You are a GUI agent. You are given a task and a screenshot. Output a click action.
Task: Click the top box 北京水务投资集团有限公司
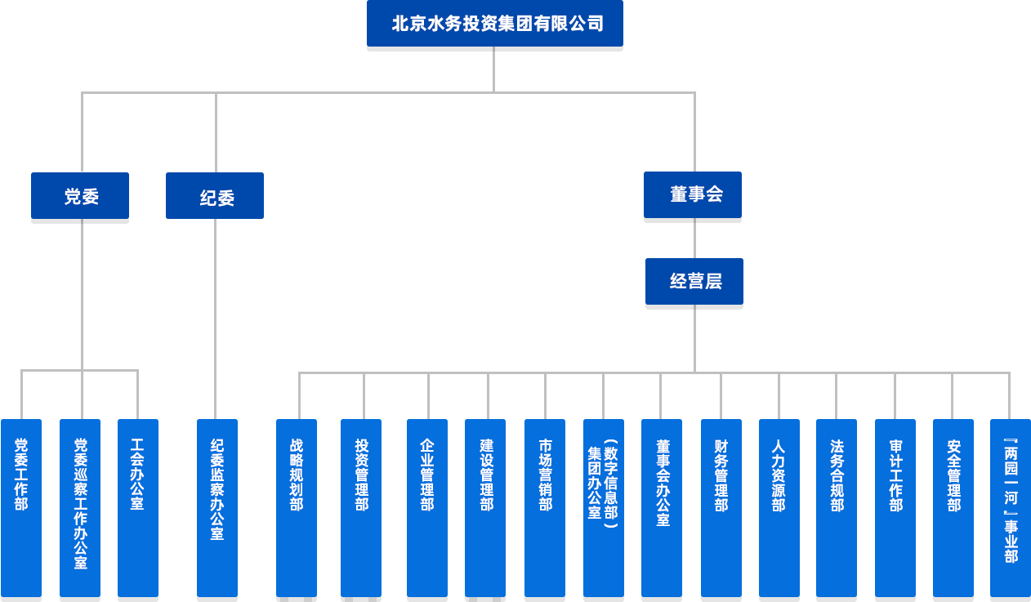(494, 24)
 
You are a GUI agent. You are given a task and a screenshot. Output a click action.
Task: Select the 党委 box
(80, 196)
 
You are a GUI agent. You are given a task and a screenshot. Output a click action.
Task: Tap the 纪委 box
(215, 196)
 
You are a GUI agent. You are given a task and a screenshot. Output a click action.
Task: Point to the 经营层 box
(694, 281)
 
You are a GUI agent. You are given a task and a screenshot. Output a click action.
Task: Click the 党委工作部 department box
(21, 506)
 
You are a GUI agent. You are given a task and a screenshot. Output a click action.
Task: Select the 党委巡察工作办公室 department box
(80, 506)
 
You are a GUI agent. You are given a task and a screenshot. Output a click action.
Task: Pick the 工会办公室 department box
(138, 506)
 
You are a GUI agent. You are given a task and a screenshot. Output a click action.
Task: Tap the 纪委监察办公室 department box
(217, 506)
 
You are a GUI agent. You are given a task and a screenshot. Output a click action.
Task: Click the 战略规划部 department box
(297, 506)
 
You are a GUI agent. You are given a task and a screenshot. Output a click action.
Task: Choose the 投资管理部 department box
(361, 506)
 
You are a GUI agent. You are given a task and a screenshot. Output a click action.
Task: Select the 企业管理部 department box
(427, 506)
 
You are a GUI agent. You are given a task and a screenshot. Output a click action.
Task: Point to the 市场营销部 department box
(543, 506)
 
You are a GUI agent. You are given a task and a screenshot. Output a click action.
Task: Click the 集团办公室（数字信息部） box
(604, 506)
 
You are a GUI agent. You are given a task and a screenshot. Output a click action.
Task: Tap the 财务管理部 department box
(721, 506)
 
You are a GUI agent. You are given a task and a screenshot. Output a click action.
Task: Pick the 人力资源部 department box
(779, 506)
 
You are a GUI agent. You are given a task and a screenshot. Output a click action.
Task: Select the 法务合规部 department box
(837, 506)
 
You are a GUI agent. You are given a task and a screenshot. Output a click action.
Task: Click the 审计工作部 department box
(895, 506)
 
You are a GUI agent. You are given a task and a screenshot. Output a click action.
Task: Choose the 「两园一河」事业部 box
(1011, 506)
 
